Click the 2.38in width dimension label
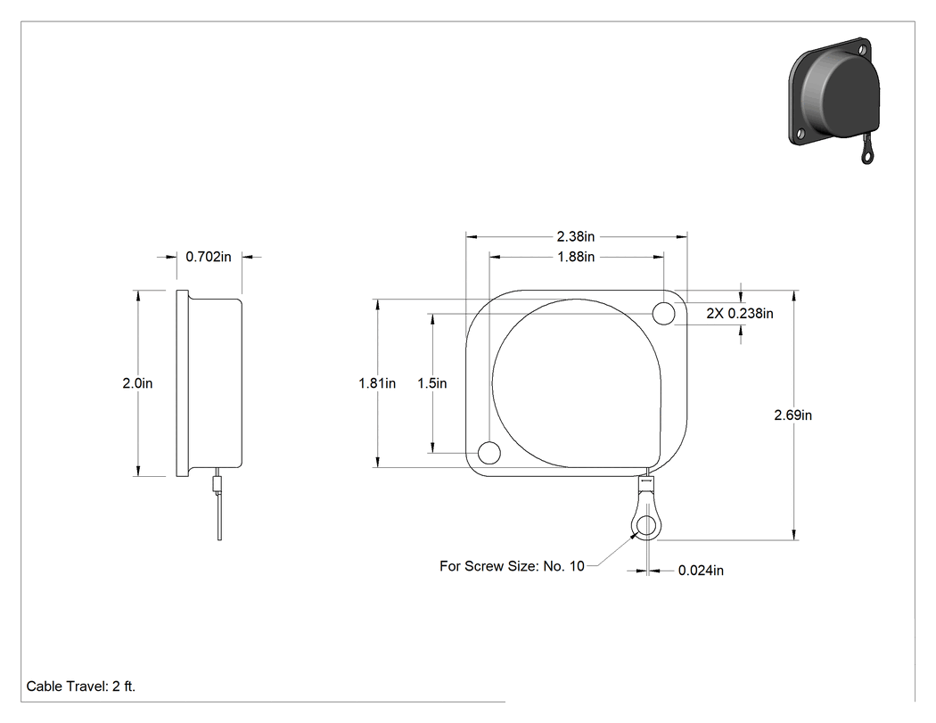tap(576, 236)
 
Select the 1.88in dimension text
tap(576, 257)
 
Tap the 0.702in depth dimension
tap(209, 257)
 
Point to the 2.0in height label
tap(137, 383)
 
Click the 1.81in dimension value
tap(377, 383)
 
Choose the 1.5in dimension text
tap(431, 383)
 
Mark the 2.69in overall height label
tap(792, 415)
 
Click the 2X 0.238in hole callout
tap(740, 314)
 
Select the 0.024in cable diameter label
tap(701, 571)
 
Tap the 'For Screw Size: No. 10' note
tap(512, 566)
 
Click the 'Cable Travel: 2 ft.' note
tap(80, 686)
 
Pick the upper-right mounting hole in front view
tap(664, 314)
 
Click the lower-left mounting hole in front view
tap(489, 453)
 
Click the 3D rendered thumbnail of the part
tap(831, 99)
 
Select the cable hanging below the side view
tap(219, 516)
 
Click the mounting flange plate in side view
tap(182, 383)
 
